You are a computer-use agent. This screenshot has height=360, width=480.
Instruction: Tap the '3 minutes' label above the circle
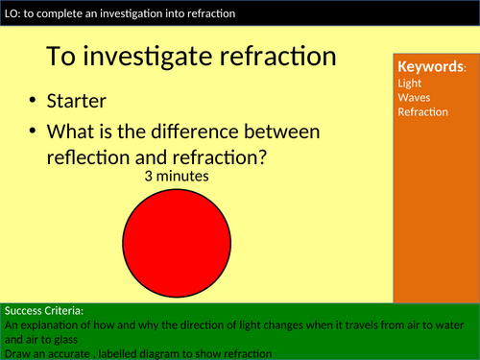tap(176, 177)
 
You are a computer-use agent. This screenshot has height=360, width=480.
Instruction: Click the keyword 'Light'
tap(409, 83)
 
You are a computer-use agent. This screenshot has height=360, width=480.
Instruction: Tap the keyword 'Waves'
tap(413, 97)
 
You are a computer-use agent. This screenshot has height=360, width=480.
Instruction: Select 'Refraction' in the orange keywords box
tap(422, 112)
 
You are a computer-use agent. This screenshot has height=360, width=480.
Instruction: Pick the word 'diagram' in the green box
tap(171, 352)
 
